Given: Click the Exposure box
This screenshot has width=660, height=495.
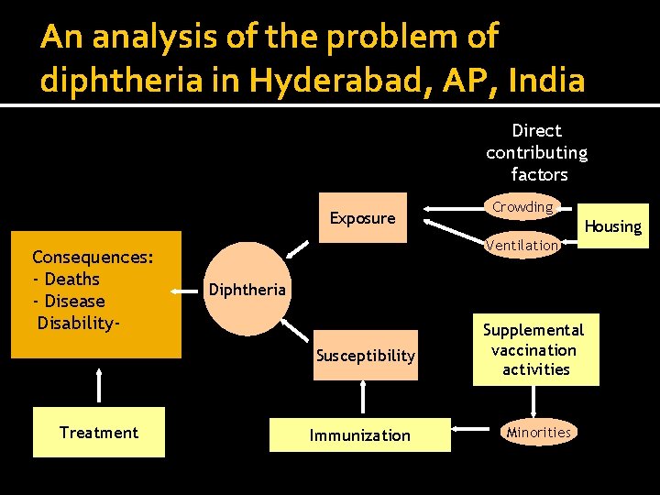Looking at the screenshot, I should click(x=363, y=218).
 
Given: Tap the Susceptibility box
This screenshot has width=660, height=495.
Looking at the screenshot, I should click(x=365, y=356).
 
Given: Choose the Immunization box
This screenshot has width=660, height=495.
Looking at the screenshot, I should click(x=359, y=435).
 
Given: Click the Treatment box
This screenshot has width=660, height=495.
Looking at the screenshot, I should click(x=99, y=433).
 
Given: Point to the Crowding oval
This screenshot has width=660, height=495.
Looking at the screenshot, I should click(x=522, y=207).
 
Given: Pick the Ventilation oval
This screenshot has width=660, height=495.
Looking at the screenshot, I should click(x=522, y=245).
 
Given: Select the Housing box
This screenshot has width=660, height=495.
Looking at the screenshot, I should click(x=613, y=226).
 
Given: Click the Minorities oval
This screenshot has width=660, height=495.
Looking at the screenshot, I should click(x=539, y=433).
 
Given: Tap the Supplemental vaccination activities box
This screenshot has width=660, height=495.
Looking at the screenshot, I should click(x=535, y=349).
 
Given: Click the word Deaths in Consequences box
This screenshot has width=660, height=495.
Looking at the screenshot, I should click(x=71, y=280).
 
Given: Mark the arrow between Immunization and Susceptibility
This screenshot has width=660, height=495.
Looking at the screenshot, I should click(x=363, y=396).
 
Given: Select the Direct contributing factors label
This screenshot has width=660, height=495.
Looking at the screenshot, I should click(x=537, y=152).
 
